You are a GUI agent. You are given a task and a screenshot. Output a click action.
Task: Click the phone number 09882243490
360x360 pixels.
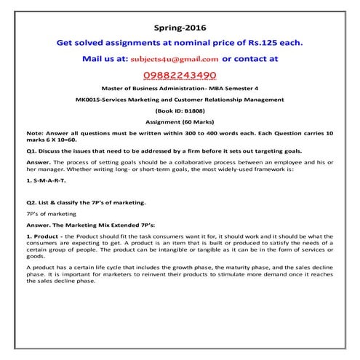pyautogui.click(x=179, y=75)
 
